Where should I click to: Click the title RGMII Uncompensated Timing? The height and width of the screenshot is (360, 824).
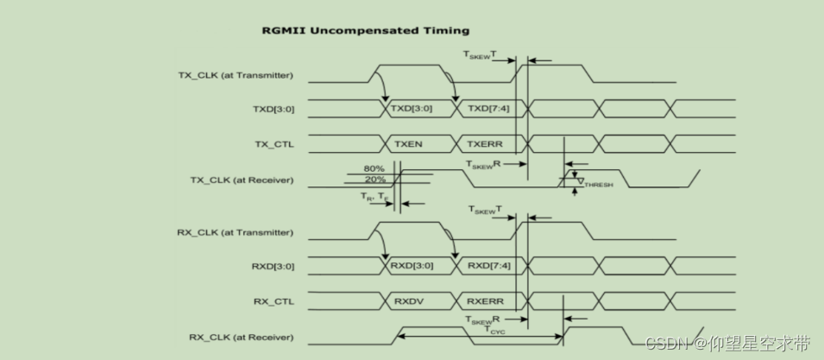pos(365,30)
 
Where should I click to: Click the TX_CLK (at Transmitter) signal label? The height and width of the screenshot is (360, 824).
pos(236,75)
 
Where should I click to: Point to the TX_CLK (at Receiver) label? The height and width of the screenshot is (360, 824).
pos(242,180)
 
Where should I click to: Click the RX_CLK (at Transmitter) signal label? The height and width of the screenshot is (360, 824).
pos(236,233)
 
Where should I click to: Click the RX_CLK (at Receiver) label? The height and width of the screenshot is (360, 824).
pos(242,337)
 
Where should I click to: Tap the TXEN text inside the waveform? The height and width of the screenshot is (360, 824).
pos(408,144)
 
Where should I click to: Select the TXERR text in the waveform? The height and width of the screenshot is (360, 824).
pos(485,144)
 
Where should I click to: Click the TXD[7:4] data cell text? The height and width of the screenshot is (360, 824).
pos(488,110)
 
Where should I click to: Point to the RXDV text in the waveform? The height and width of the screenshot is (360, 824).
pos(408,302)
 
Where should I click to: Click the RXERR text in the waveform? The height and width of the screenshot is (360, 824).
pos(485,302)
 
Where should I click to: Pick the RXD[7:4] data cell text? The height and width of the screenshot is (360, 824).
pos(489,267)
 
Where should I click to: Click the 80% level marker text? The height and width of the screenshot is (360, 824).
pos(374,168)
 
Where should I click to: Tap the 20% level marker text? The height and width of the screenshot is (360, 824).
pos(374,179)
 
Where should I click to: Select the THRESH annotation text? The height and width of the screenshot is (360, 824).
pos(599,185)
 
